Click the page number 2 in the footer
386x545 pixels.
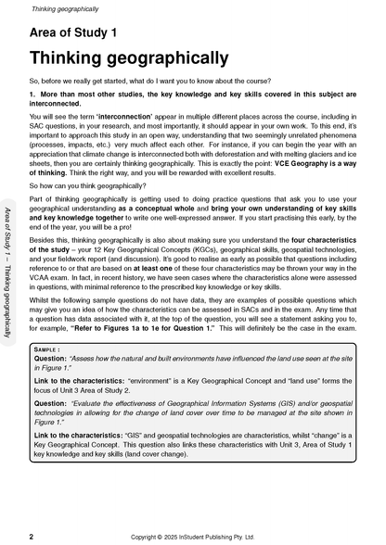coord(31,537)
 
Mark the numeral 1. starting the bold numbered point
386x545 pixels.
coord(33,94)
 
